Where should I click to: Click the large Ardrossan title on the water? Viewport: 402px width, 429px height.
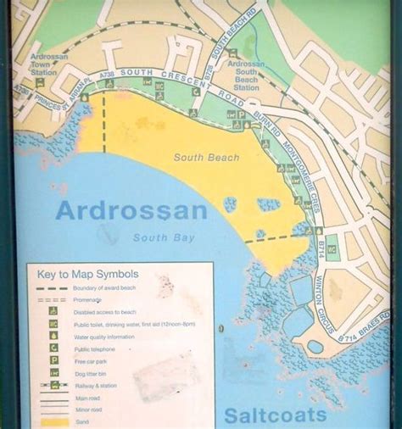point(131,210)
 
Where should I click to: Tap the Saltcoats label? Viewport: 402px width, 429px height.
point(276,415)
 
